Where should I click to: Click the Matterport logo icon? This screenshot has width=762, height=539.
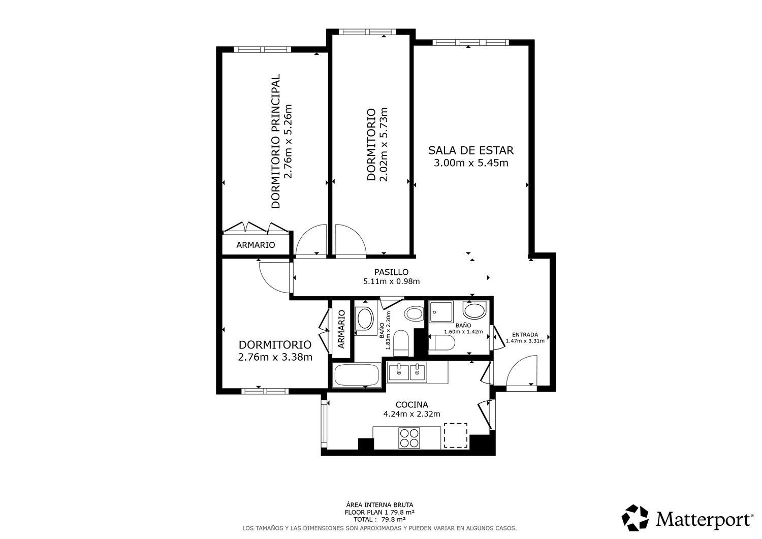(x=635, y=518)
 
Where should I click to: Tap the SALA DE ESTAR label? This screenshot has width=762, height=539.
(x=471, y=150)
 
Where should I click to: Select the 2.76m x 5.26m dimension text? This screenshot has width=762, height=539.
(x=288, y=141)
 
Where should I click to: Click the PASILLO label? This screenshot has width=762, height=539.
(x=391, y=272)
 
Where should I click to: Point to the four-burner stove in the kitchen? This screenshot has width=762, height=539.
(x=409, y=438)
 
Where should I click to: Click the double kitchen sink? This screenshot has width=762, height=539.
(x=407, y=372)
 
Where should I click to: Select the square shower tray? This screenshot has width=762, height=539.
(x=441, y=312)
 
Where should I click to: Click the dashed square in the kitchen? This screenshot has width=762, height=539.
(x=456, y=435)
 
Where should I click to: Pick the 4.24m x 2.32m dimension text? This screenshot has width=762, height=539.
(x=411, y=414)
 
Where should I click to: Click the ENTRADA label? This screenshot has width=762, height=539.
(x=525, y=334)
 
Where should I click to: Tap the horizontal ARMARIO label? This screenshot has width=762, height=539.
(x=256, y=245)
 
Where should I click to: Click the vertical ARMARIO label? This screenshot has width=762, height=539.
(x=341, y=329)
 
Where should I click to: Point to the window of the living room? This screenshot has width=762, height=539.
(x=471, y=43)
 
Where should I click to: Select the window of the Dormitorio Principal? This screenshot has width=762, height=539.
(x=263, y=50)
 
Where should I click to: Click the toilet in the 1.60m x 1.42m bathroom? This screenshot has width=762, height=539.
(x=441, y=343)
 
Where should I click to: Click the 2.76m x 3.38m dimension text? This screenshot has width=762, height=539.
(x=275, y=357)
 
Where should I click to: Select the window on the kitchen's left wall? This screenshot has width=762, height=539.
(x=324, y=423)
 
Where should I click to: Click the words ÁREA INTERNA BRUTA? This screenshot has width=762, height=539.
(x=379, y=505)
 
